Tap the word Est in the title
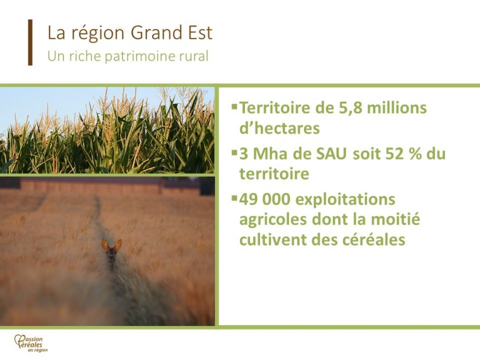point(200,33)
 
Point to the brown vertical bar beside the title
point(30,42)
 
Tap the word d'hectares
point(280,128)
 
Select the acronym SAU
point(331,154)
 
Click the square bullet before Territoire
point(234,106)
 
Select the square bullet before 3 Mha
point(234,152)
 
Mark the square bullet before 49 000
point(234,198)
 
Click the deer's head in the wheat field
point(111,251)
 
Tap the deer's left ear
point(105,245)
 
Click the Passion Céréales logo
point(31,343)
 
